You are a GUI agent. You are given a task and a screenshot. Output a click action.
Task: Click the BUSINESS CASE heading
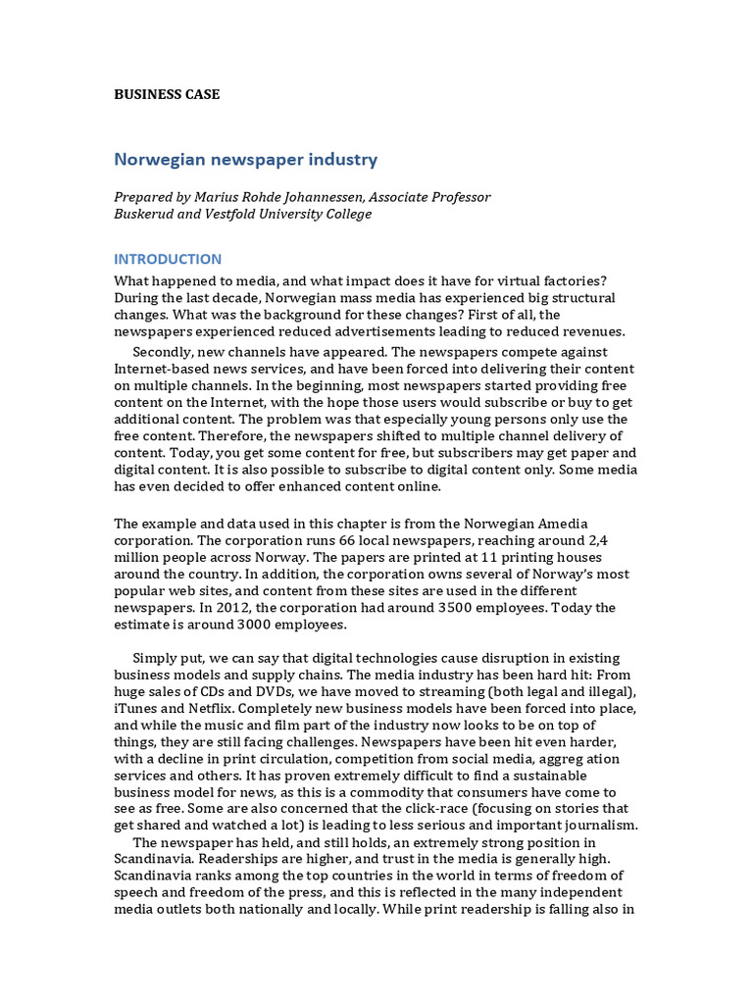[x=167, y=95]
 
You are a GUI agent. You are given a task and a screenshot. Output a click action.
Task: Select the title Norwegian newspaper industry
[x=245, y=159]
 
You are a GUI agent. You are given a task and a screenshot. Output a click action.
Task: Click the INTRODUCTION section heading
[x=168, y=260]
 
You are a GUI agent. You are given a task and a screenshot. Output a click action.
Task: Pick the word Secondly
[x=164, y=352]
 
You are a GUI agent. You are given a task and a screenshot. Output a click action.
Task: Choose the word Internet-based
[x=163, y=369]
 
